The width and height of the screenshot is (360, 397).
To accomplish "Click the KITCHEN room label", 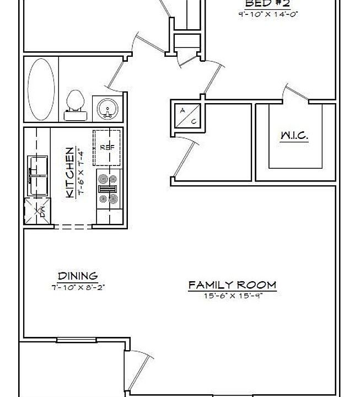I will tap(70, 173).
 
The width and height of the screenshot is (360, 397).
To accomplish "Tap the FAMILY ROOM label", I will tap(232, 285).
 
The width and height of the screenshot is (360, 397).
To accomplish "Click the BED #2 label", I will tap(267, 3).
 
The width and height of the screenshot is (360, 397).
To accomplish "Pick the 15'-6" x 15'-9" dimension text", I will tap(232, 296).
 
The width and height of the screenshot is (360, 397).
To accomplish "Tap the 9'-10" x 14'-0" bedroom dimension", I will tap(268, 14).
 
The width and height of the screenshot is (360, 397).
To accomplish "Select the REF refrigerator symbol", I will tap(106, 147).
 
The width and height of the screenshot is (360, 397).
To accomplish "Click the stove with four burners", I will tap(107, 188).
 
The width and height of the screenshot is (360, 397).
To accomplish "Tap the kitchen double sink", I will tap(37, 172).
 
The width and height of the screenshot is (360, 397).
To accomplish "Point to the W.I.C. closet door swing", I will tap(293, 93).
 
